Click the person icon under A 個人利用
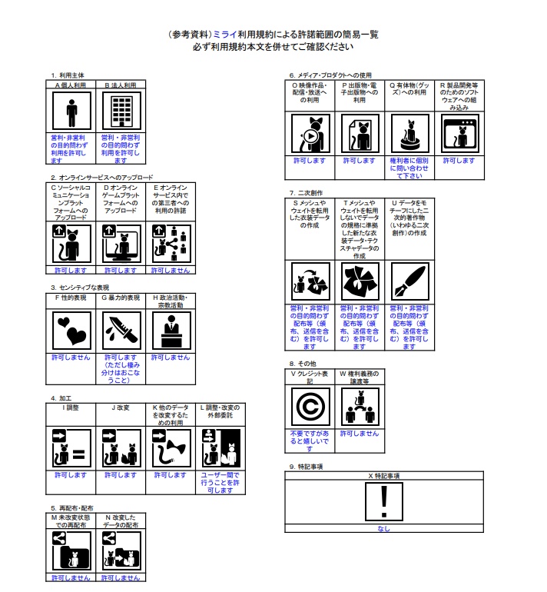coord(71,111)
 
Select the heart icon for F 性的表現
coord(71,331)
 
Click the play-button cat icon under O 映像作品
coord(310,135)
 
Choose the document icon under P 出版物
coord(360,135)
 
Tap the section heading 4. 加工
coord(64,398)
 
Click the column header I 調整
coord(71,407)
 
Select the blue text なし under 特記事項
coord(383,528)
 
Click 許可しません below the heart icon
coord(71,358)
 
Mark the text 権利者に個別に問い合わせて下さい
coord(409,168)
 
